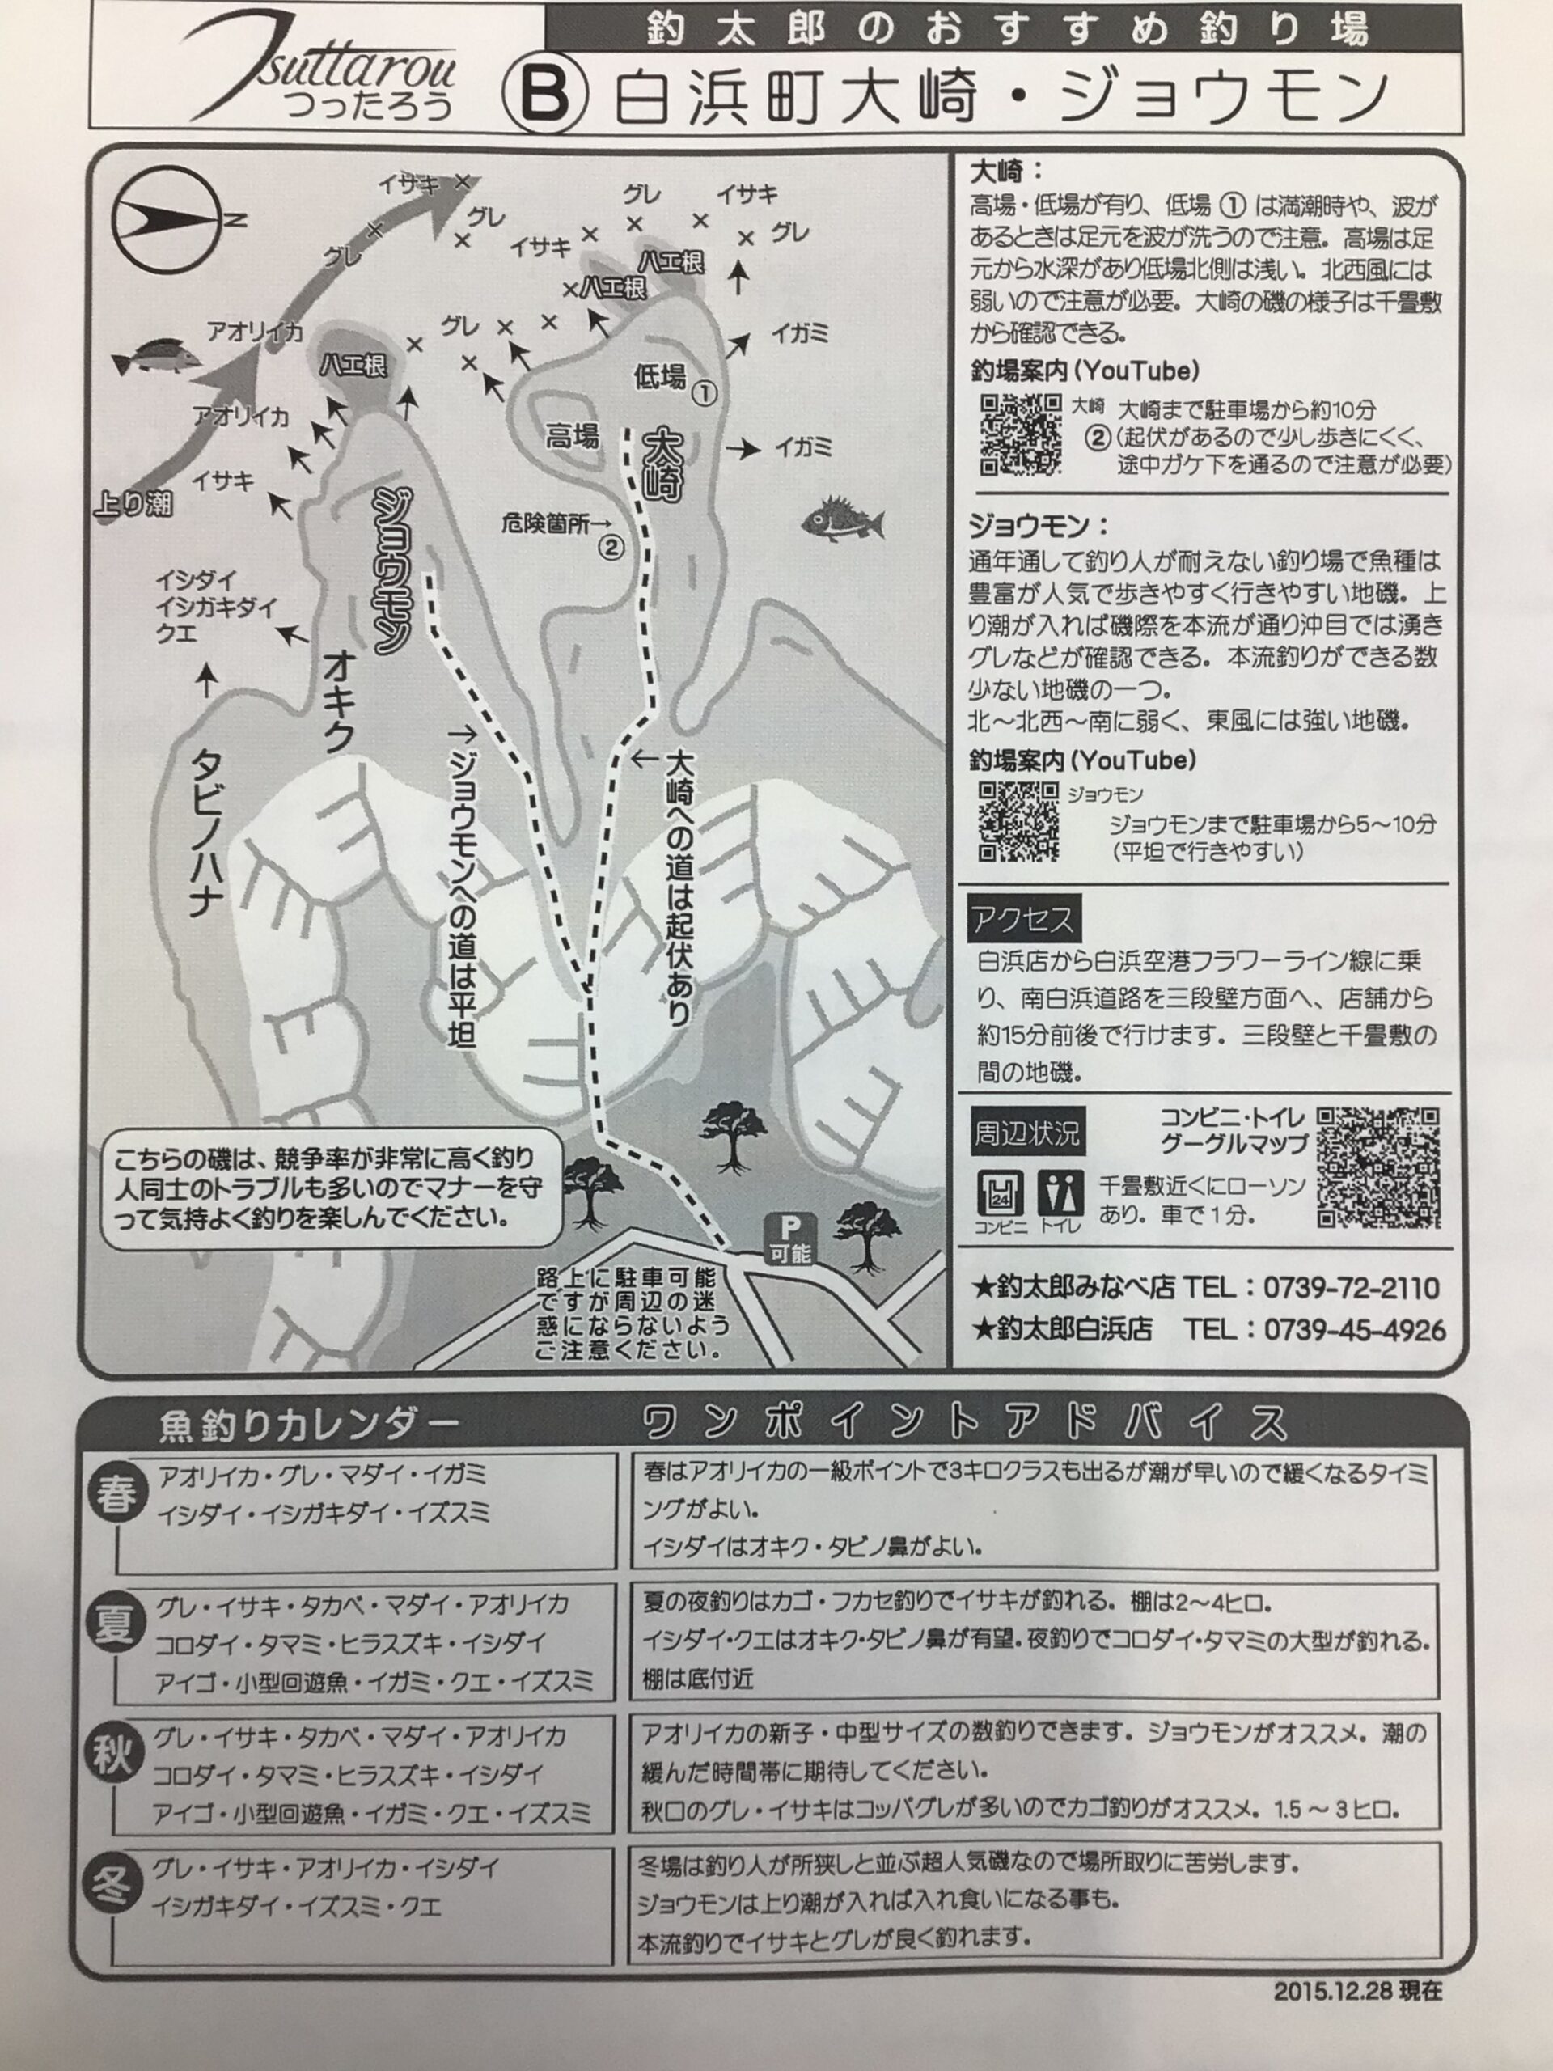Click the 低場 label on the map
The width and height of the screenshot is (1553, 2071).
coord(660,377)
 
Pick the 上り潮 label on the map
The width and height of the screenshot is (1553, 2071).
coord(133,504)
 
